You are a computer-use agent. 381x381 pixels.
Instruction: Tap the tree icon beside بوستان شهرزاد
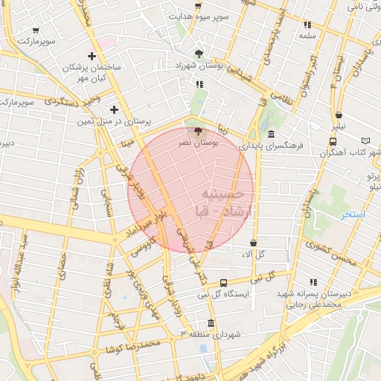(199, 53)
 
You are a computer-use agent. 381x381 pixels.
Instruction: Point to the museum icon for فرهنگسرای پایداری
(269, 134)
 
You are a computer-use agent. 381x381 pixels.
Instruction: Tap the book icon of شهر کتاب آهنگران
(365, 141)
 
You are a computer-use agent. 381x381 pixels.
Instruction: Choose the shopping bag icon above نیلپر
(339, 115)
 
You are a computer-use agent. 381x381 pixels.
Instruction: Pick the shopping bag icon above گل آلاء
(254, 243)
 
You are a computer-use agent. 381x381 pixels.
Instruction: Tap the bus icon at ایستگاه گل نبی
(224, 283)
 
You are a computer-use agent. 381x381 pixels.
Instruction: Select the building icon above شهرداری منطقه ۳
(211, 324)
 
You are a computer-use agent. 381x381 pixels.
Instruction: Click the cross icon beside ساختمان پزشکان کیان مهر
(92, 56)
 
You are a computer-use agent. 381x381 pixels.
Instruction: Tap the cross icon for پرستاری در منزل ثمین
(114, 109)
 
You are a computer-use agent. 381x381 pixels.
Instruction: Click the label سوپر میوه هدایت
(198, 15)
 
